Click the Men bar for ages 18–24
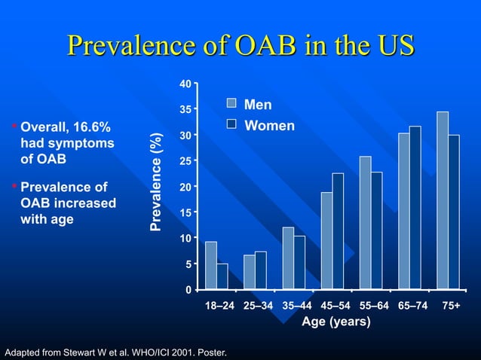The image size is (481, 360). pyautogui.click(x=211, y=265)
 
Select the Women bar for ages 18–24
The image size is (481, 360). pyautogui.click(x=222, y=276)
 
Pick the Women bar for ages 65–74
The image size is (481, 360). pyautogui.click(x=415, y=208)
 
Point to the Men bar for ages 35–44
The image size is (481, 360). pyautogui.click(x=288, y=258)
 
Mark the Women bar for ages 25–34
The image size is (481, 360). pyautogui.click(x=261, y=270)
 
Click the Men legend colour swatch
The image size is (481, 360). pyautogui.click(x=232, y=104)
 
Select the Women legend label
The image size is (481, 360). pyautogui.click(x=269, y=126)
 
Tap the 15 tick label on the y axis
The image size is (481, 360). pyautogui.click(x=185, y=212)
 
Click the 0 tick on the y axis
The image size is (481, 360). pyautogui.click(x=188, y=289)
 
